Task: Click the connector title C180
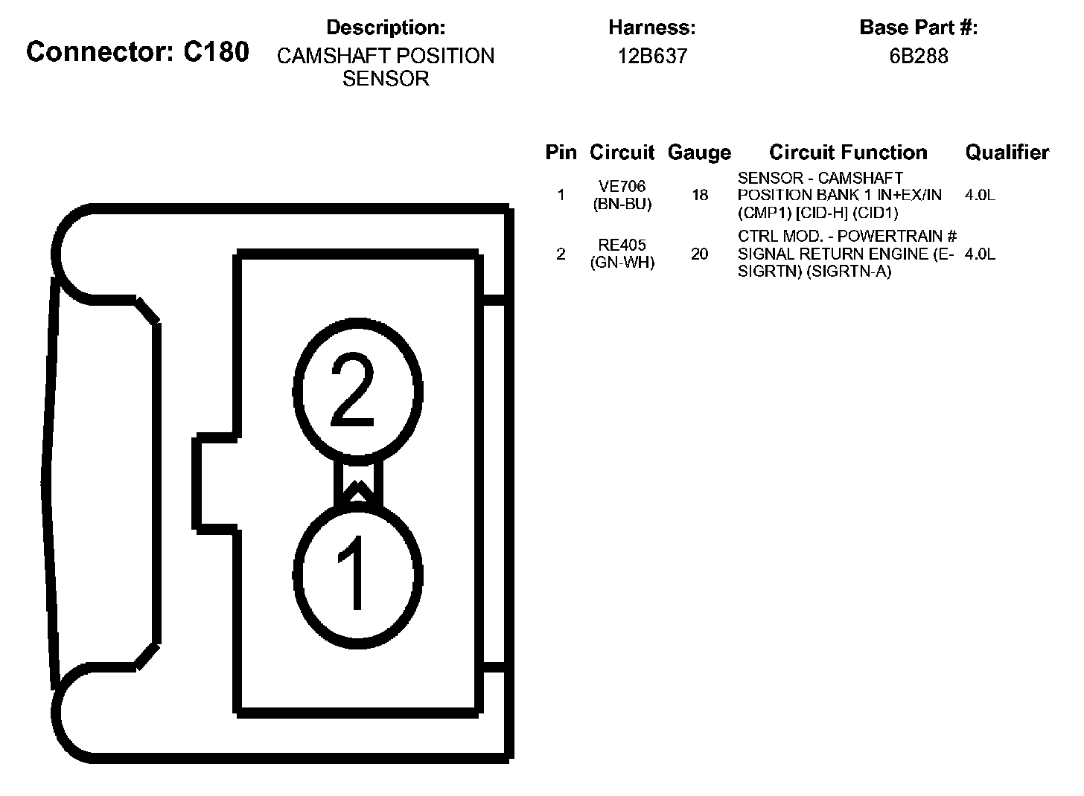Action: (137, 52)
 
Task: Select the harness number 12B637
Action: (652, 57)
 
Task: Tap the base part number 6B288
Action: (918, 57)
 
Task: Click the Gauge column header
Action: (699, 153)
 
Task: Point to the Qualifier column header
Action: (1007, 153)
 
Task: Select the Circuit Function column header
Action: (848, 153)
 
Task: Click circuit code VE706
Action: (622, 187)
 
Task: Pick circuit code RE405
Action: (622, 245)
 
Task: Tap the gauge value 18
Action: (700, 196)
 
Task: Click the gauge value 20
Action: (700, 254)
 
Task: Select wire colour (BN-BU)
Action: (622, 204)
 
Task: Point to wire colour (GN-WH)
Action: (622, 263)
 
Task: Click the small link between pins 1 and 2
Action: (358, 482)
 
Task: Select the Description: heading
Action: (386, 28)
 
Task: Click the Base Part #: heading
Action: (918, 28)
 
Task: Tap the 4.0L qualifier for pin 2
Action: (980, 254)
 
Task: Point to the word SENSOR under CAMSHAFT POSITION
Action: (386, 79)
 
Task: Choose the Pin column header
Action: (561, 153)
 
